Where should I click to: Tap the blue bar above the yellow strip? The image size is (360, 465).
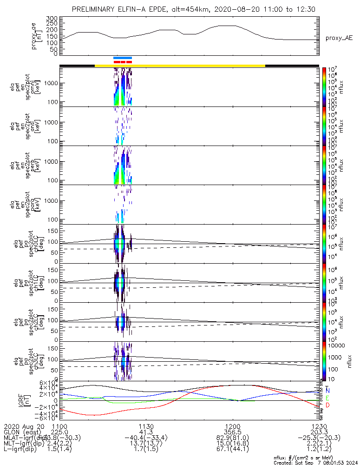[123, 58]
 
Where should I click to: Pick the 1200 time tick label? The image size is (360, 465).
[232, 426]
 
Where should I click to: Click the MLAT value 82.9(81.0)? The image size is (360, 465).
[232, 438]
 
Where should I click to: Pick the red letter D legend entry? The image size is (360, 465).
[327, 406]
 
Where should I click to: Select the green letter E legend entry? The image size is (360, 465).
[327, 399]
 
